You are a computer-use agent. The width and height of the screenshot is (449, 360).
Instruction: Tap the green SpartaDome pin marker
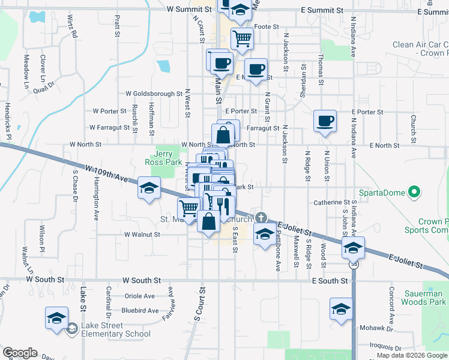pos(414,193)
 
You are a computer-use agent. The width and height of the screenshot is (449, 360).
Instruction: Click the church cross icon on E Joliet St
pos(261,217)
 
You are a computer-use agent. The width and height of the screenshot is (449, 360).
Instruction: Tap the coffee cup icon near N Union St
pos(325,121)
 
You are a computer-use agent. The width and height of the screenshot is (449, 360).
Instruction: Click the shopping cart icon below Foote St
pos(242,38)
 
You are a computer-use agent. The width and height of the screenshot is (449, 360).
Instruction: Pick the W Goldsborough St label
pos(154,94)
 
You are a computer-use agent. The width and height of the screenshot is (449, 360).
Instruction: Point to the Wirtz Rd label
pos(73,26)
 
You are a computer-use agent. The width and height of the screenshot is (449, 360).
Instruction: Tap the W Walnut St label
pos(142,235)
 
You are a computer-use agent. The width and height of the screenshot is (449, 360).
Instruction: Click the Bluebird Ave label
pos(140,311)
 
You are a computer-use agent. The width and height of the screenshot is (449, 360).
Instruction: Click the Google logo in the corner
pos(20,353)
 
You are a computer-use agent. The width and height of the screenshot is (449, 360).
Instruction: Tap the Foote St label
pos(267,26)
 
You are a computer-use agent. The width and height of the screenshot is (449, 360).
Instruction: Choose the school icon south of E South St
pos(341,310)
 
